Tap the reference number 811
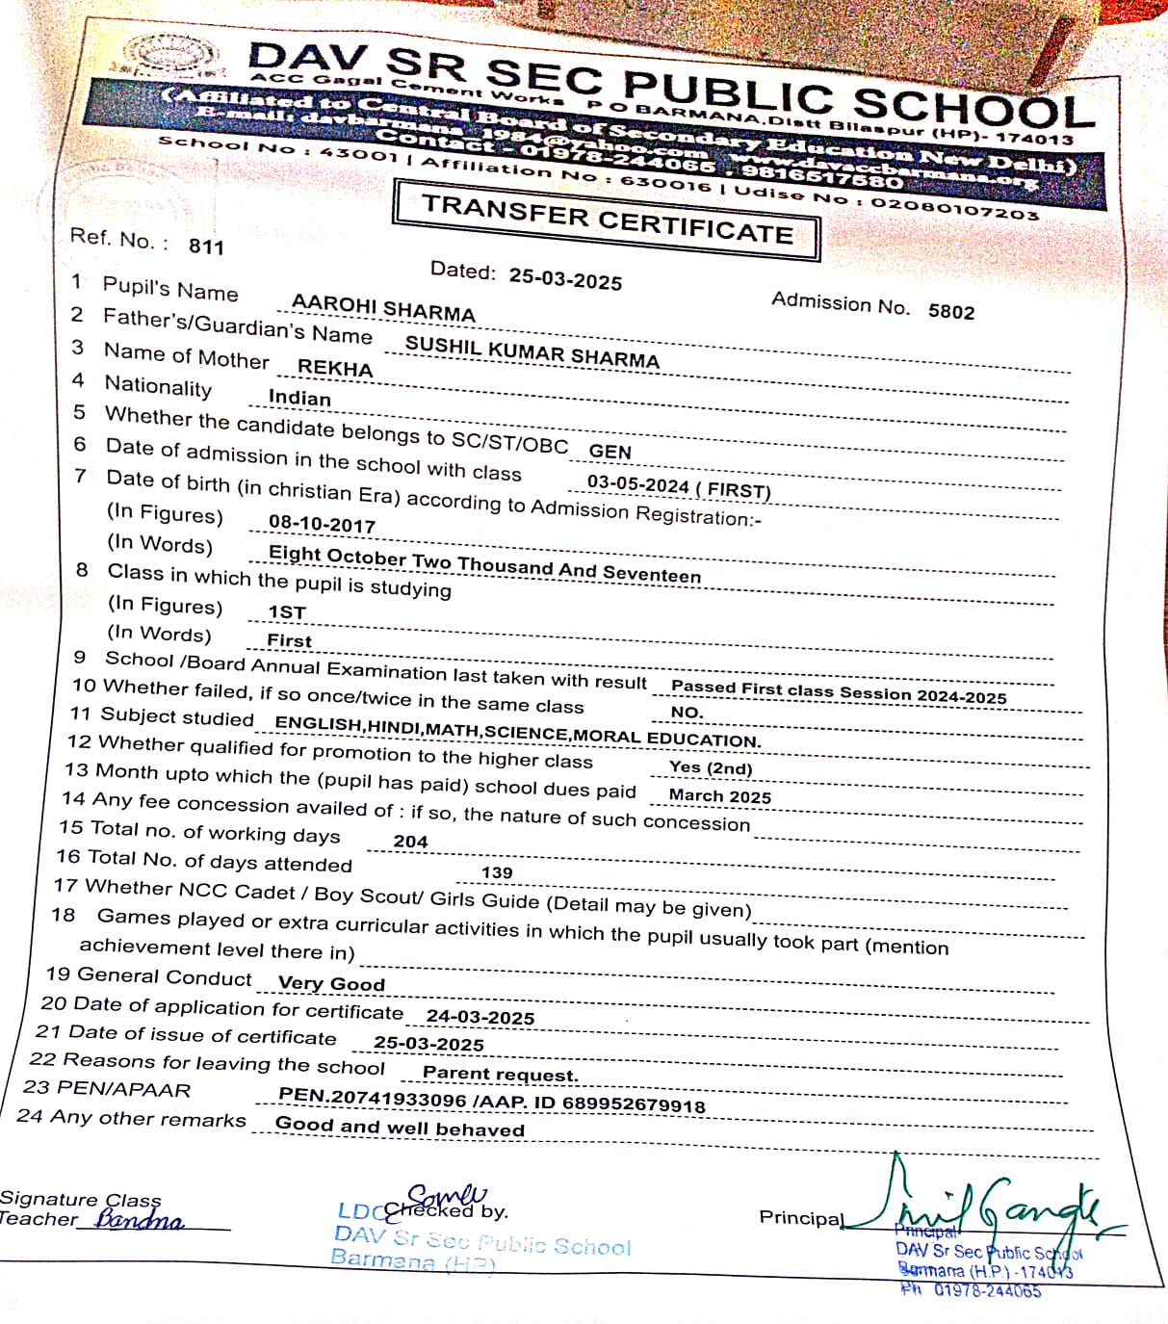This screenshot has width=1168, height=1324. tap(206, 247)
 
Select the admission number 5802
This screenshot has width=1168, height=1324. tap(951, 311)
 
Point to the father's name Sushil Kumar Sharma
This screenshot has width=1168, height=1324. tap(532, 352)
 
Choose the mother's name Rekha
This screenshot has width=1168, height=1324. tap(335, 368)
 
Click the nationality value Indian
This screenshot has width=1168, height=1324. tap(299, 398)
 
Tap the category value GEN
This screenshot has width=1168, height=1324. tap(610, 452)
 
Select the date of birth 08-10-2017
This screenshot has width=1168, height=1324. tap(322, 524)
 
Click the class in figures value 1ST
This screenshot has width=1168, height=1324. tap(287, 612)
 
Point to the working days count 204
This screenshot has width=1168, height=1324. tap(410, 842)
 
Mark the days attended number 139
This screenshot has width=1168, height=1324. tap(497, 873)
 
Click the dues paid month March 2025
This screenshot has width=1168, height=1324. tap(720, 796)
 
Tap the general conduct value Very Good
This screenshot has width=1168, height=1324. tap(331, 984)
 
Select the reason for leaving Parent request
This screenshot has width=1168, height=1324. tap(501, 1074)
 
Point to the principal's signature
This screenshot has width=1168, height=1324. tap(992, 1204)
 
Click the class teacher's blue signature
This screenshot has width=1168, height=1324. tap(141, 1221)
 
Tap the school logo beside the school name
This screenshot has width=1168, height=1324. tap(171, 55)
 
